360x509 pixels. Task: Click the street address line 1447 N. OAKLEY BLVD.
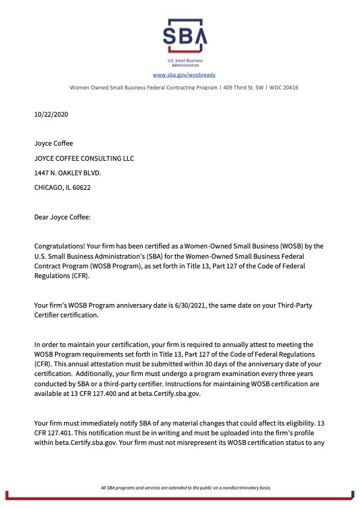[x=68, y=172]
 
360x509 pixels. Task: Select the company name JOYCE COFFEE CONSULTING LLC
[x=84, y=158]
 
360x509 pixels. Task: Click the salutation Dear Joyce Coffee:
[x=62, y=216]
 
